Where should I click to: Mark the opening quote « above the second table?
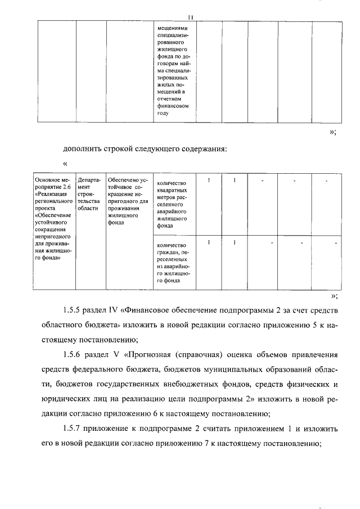coord(66,164)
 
